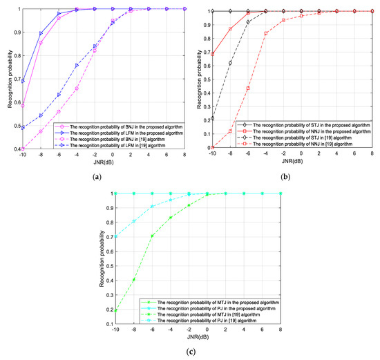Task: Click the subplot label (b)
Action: (x=286, y=177)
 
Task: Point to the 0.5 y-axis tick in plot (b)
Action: (x=206, y=79)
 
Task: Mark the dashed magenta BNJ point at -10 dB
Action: (x=23, y=148)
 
